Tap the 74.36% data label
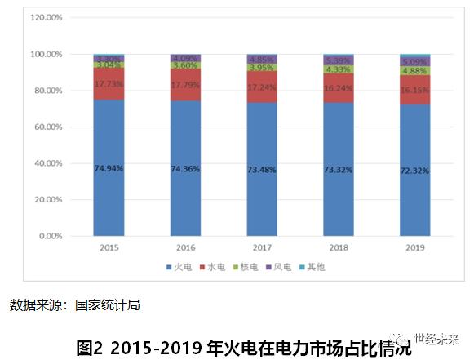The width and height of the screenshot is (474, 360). pos(185,167)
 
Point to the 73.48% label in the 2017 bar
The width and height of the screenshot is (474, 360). pos(262,168)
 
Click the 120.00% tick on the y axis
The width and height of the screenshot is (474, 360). pos(47,17)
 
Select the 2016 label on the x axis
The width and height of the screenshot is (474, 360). pos(185,247)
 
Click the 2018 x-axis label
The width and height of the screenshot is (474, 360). pos(339,247)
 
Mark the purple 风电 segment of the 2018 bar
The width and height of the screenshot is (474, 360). pos(339,60)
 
